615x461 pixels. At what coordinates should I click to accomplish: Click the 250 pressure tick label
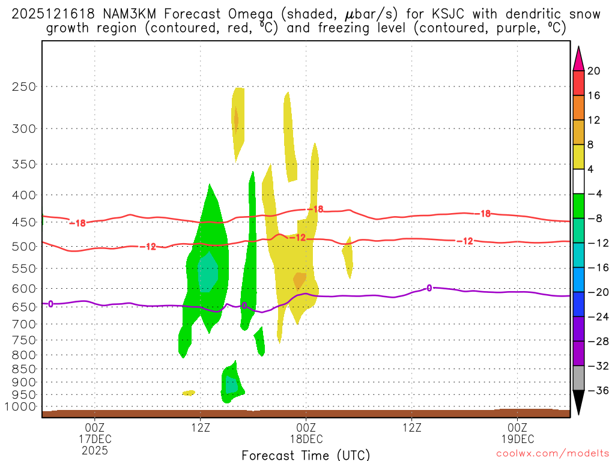pos(24,86)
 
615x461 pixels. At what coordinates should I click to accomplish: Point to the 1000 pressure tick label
pos(21,406)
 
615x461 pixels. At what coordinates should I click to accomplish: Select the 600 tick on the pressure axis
pos(24,288)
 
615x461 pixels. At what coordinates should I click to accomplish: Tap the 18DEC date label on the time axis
pos(306,439)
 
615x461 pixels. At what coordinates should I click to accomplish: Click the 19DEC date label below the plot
pos(517,439)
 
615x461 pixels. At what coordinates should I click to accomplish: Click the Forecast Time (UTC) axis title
pos(306,454)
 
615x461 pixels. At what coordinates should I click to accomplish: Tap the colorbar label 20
pos(593,71)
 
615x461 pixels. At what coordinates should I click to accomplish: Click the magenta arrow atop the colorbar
pos(578,60)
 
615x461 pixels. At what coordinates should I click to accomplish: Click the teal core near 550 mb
pos(208,273)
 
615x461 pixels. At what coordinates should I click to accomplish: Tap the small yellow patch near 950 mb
pos(189,393)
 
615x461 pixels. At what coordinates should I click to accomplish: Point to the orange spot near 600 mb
pos(299,280)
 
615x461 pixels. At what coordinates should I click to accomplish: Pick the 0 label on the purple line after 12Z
pos(429,288)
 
